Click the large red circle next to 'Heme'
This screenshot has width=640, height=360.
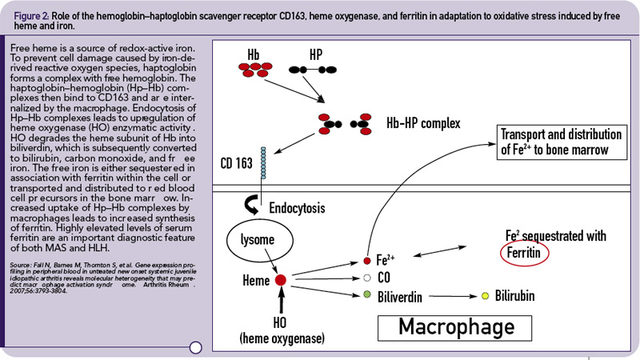click(281, 281)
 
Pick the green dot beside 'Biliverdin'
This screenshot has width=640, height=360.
click(367, 295)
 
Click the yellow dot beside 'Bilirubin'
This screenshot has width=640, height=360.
click(485, 296)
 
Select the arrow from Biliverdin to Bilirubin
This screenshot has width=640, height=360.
click(447, 296)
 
